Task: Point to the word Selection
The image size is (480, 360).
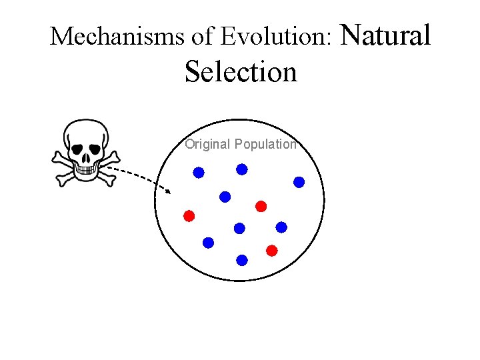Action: (241, 71)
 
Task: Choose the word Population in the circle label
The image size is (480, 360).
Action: (265, 144)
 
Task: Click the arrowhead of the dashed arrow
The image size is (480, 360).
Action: (169, 191)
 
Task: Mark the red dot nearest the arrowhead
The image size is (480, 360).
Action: (189, 215)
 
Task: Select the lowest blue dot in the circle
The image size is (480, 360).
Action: (242, 259)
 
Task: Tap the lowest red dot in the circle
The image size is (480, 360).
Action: (271, 251)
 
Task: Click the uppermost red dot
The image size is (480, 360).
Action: (261, 205)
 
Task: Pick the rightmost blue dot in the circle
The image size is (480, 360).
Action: (299, 181)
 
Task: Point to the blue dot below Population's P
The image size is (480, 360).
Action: (242, 169)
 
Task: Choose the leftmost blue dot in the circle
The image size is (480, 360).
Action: (199, 173)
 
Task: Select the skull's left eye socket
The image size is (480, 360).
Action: (77, 147)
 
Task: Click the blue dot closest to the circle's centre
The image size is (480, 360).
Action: (239, 228)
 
